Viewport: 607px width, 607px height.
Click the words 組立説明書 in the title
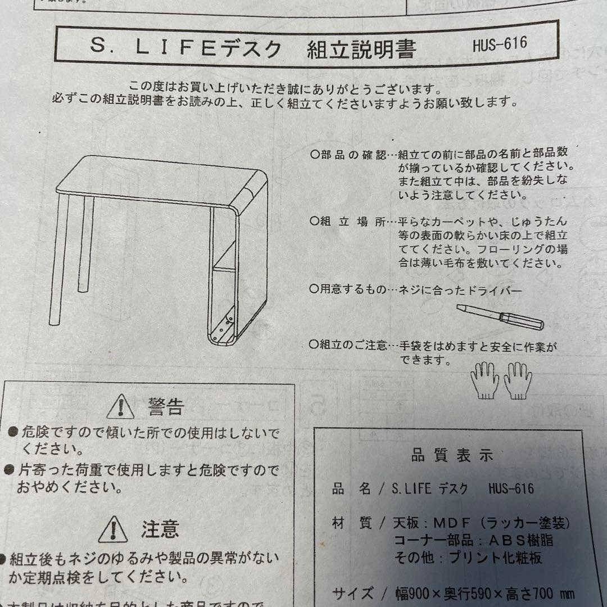click(x=361, y=49)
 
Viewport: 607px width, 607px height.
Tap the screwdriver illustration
click(x=500, y=316)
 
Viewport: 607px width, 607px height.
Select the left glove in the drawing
click(x=484, y=380)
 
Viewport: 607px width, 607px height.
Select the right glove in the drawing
click(x=517, y=380)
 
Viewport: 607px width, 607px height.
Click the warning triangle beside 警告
click(x=120, y=406)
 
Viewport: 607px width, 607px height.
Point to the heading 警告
click(x=166, y=406)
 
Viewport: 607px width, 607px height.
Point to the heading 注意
click(x=160, y=528)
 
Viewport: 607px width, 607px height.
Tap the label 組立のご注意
click(x=352, y=345)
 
